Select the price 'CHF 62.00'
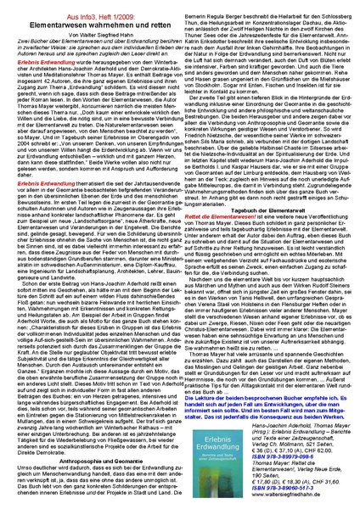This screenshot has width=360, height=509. [323, 450]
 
